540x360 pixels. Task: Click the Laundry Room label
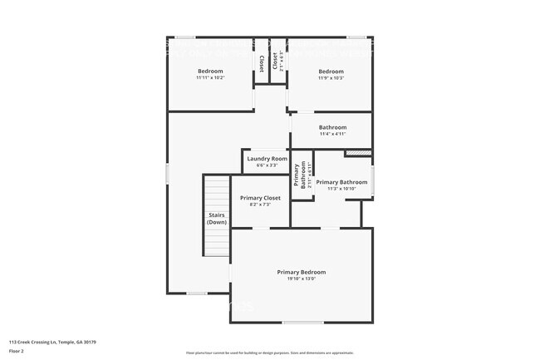pyautogui.click(x=267, y=158)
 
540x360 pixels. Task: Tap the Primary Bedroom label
pyautogui.click(x=301, y=272)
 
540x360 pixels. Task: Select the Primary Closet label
pyautogui.click(x=260, y=198)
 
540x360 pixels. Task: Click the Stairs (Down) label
pyautogui.click(x=217, y=219)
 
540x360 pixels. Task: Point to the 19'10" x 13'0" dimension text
pyautogui.click(x=301, y=279)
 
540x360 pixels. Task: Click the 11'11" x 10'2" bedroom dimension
pyautogui.click(x=210, y=78)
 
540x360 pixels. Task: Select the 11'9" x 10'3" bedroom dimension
pyautogui.click(x=331, y=78)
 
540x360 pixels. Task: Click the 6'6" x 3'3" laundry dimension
pyautogui.click(x=267, y=165)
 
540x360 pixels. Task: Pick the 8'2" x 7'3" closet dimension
pyautogui.click(x=260, y=205)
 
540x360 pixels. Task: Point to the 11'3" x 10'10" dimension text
pyautogui.click(x=341, y=189)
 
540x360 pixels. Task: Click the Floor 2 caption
pyautogui.click(x=17, y=351)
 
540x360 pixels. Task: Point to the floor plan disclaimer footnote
pyautogui.click(x=270, y=352)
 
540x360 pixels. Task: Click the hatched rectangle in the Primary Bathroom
pyautogui.click(x=356, y=153)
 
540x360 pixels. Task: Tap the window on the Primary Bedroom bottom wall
pyautogui.click(x=302, y=322)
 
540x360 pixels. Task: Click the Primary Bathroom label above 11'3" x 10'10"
pyautogui.click(x=341, y=182)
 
